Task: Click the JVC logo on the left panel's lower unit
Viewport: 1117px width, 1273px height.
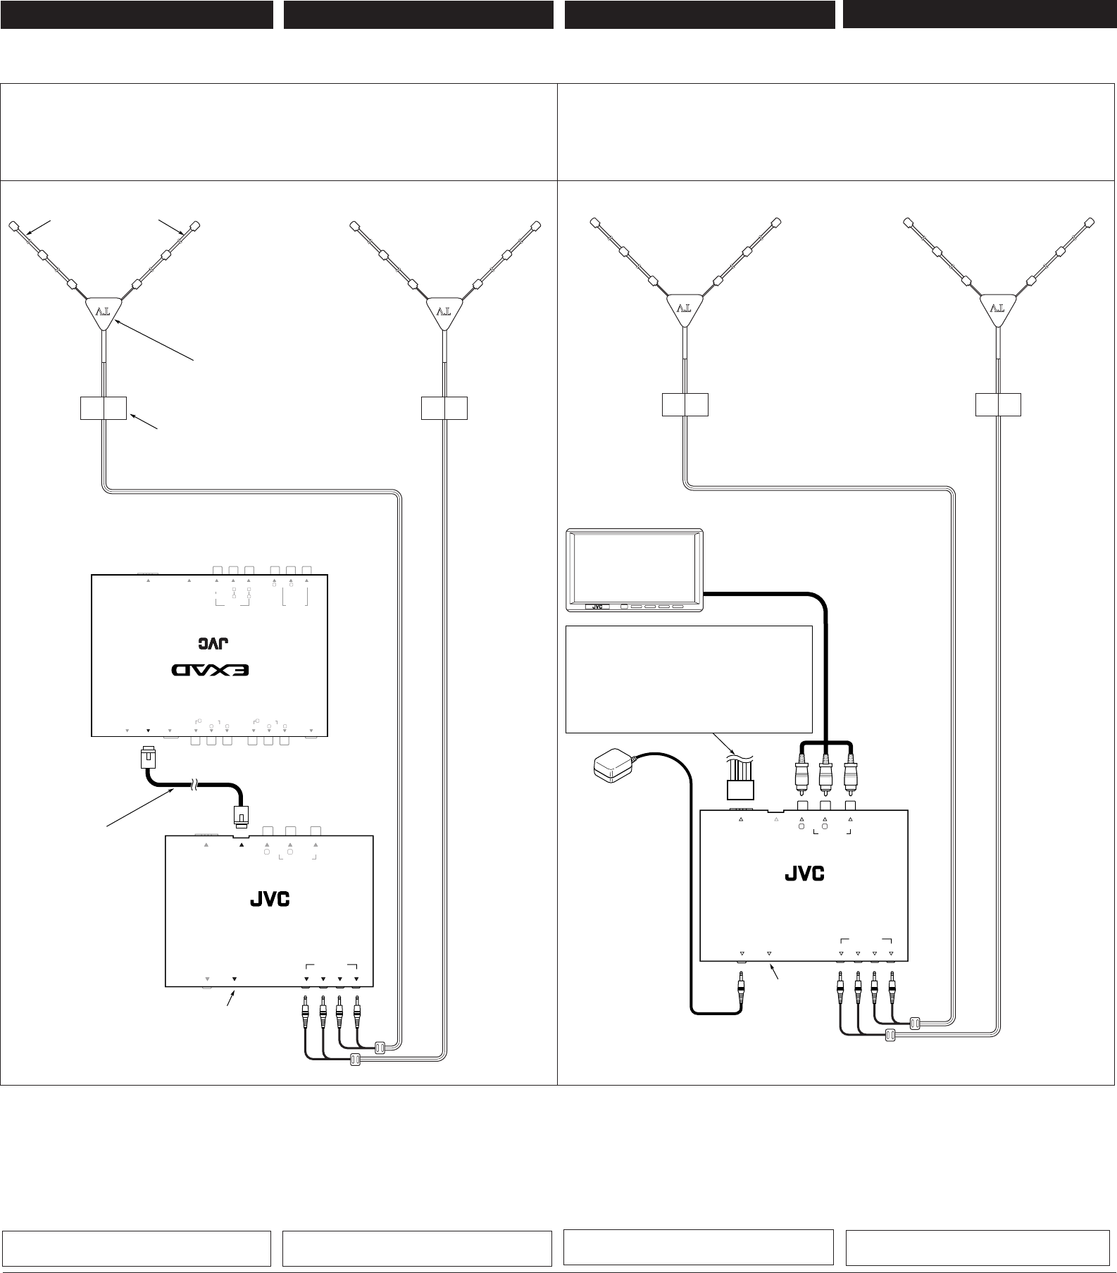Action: pyautogui.click(x=270, y=900)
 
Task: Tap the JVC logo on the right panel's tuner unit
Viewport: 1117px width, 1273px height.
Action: pyautogui.click(x=804, y=874)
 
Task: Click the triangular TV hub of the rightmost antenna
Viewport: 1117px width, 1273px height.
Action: pyautogui.click(x=999, y=309)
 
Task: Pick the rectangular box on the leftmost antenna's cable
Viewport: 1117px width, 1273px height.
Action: pyautogui.click(x=104, y=408)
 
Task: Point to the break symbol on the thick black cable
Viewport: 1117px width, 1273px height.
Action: pyautogui.click(x=194, y=787)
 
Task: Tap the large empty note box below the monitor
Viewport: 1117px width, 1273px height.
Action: pyautogui.click(x=689, y=679)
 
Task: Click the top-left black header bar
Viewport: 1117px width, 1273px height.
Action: pyautogui.click(x=137, y=14)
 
